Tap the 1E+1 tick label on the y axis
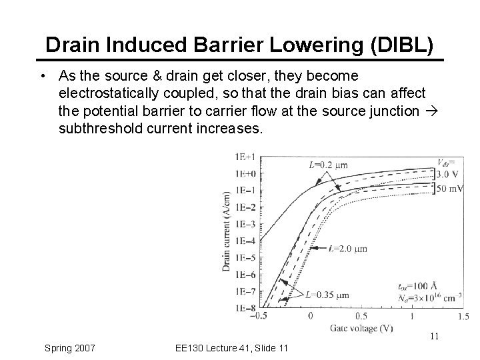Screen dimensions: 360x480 click(x=244, y=157)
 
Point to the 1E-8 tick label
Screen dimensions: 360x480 click(x=244, y=308)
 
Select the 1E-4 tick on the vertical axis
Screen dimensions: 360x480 click(x=244, y=241)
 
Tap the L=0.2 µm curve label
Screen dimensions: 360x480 click(x=328, y=165)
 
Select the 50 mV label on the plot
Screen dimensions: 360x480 click(x=449, y=189)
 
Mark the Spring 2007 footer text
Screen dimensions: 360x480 click(x=69, y=347)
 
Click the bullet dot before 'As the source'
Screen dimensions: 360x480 click(x=43, y=76)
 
